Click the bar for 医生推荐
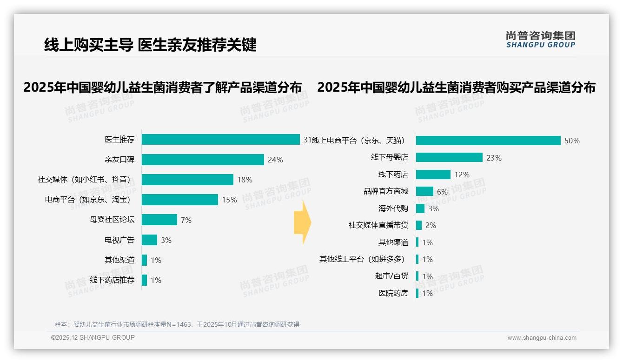(220, 140)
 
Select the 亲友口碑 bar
(203, 160)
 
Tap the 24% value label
(275, 160)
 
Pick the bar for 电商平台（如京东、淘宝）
(179, 200)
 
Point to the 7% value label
(186, 220)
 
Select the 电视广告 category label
(119, 240)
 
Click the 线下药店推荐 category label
(112, 280)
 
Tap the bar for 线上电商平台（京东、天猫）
(488, 141)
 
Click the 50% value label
(572, 141)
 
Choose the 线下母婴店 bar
(449, 157)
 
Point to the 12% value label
(462, 175)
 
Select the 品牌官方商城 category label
(385, 191)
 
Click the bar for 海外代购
(420, 208)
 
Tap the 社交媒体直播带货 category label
(378, 225)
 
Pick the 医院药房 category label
(393, 293)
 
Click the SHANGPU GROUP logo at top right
(540, 40)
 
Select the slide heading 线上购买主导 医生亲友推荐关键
(150, 45)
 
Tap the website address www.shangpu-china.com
(542, 338)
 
